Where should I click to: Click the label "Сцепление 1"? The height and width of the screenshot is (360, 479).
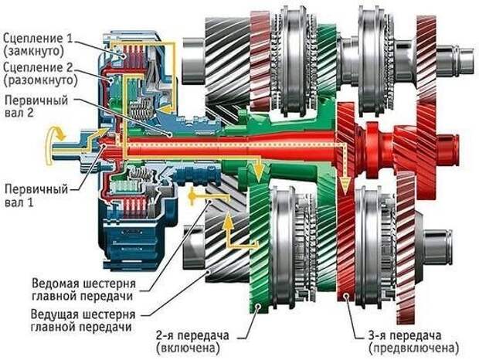click(38, 39)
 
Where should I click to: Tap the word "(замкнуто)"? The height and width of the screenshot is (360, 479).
click(33, 51)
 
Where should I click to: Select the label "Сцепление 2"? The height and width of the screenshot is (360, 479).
click(38, 67)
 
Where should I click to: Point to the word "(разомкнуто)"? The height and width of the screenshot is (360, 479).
click(40, 80)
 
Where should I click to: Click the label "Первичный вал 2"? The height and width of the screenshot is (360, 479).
click(36, 107)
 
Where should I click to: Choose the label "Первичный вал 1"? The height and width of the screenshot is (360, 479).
click(36, 195)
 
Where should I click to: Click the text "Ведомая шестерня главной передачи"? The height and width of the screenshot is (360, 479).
click(83, 290)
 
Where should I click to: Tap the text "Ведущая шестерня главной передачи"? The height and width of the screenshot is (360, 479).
click(83, 321)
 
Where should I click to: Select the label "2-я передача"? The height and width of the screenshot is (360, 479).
click(192, 335)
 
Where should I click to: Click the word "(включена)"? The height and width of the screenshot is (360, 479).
click(188, 348)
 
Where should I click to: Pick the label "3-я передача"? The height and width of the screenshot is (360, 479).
click(405, 335)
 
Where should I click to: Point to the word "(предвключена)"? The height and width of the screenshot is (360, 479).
click(414, 348)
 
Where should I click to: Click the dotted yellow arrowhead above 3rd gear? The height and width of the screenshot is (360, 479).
click(345, 186)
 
